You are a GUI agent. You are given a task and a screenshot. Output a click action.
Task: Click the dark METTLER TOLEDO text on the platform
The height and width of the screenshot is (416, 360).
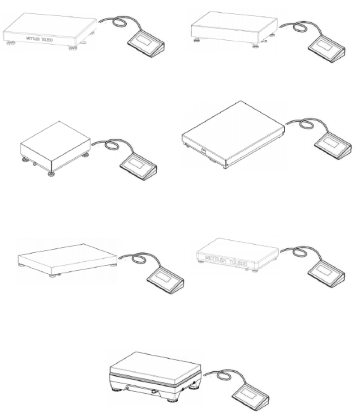pos(39,39)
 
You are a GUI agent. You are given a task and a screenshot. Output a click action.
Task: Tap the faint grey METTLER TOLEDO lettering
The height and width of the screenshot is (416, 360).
pos(226,260)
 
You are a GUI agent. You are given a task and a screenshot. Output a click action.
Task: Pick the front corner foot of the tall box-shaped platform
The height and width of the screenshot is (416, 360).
pos(51,174)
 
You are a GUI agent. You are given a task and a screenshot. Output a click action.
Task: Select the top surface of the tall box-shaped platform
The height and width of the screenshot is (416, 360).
pos(56,140)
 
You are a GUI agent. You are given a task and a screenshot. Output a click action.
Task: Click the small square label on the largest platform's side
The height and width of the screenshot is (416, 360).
pos(204,151)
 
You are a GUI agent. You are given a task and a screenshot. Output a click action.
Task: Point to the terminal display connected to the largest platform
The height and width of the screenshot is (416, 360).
pos(331,143)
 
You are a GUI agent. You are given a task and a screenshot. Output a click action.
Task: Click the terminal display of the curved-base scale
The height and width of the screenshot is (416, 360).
pos(249,394)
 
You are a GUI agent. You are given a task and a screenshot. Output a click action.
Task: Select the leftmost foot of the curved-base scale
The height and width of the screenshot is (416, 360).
pos(116,390)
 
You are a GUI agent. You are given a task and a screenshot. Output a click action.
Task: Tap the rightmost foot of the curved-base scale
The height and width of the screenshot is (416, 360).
pos(194,388)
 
